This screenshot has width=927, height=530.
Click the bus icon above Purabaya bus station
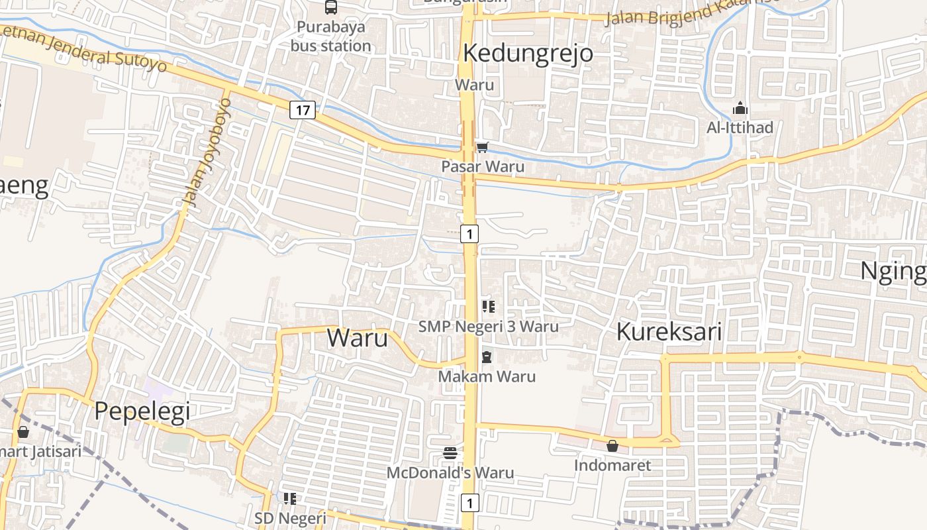coord(330,7)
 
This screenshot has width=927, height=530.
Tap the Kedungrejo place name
coord(528,53)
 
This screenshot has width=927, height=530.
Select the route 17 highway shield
coord(302,110)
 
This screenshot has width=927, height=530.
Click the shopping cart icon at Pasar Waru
coord(483,147)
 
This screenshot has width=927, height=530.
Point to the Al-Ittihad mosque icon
coord(740,108)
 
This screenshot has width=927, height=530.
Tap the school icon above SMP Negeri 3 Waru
coord(489,306)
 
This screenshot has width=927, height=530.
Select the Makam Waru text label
coord(487,376)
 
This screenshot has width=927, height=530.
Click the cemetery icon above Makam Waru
coord(487,357)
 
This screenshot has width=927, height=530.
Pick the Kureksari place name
coord(669,332)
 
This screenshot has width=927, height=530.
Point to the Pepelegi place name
coord(142,411)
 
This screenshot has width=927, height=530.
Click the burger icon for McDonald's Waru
coord(450,454)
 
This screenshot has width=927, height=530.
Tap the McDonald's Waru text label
coord(450,473)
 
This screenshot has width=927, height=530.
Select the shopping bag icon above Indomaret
coord(612,446)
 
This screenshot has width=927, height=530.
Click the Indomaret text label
coord(612,465)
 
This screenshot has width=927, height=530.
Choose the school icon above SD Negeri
coord(290,498)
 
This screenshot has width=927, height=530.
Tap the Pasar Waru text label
coord(483,166)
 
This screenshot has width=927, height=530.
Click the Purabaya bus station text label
coord(330,36)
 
